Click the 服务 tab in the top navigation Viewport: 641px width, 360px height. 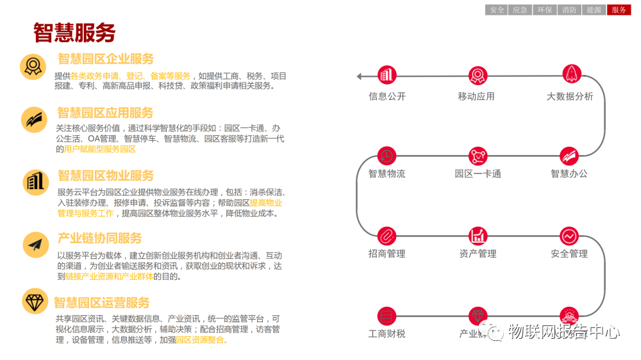619,10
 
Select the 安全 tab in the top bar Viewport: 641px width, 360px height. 497,10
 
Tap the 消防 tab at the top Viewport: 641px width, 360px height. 569,10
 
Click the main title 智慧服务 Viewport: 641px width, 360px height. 74,32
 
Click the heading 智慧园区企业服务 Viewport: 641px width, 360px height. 106,59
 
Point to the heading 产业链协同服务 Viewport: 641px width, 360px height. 99,238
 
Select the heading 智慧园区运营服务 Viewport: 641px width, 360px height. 102,302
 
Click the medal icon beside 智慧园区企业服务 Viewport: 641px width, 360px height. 33,66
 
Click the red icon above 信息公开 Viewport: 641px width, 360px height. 387,76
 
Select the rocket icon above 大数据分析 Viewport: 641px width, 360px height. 570,74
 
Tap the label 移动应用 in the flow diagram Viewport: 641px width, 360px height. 476,97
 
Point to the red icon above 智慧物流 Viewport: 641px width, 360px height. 387,156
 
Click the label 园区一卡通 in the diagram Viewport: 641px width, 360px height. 478,174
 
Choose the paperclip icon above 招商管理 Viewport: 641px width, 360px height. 387,235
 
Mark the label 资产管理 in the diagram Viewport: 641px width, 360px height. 478,254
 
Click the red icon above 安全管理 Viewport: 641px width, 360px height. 569,235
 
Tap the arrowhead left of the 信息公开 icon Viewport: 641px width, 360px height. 360,76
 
